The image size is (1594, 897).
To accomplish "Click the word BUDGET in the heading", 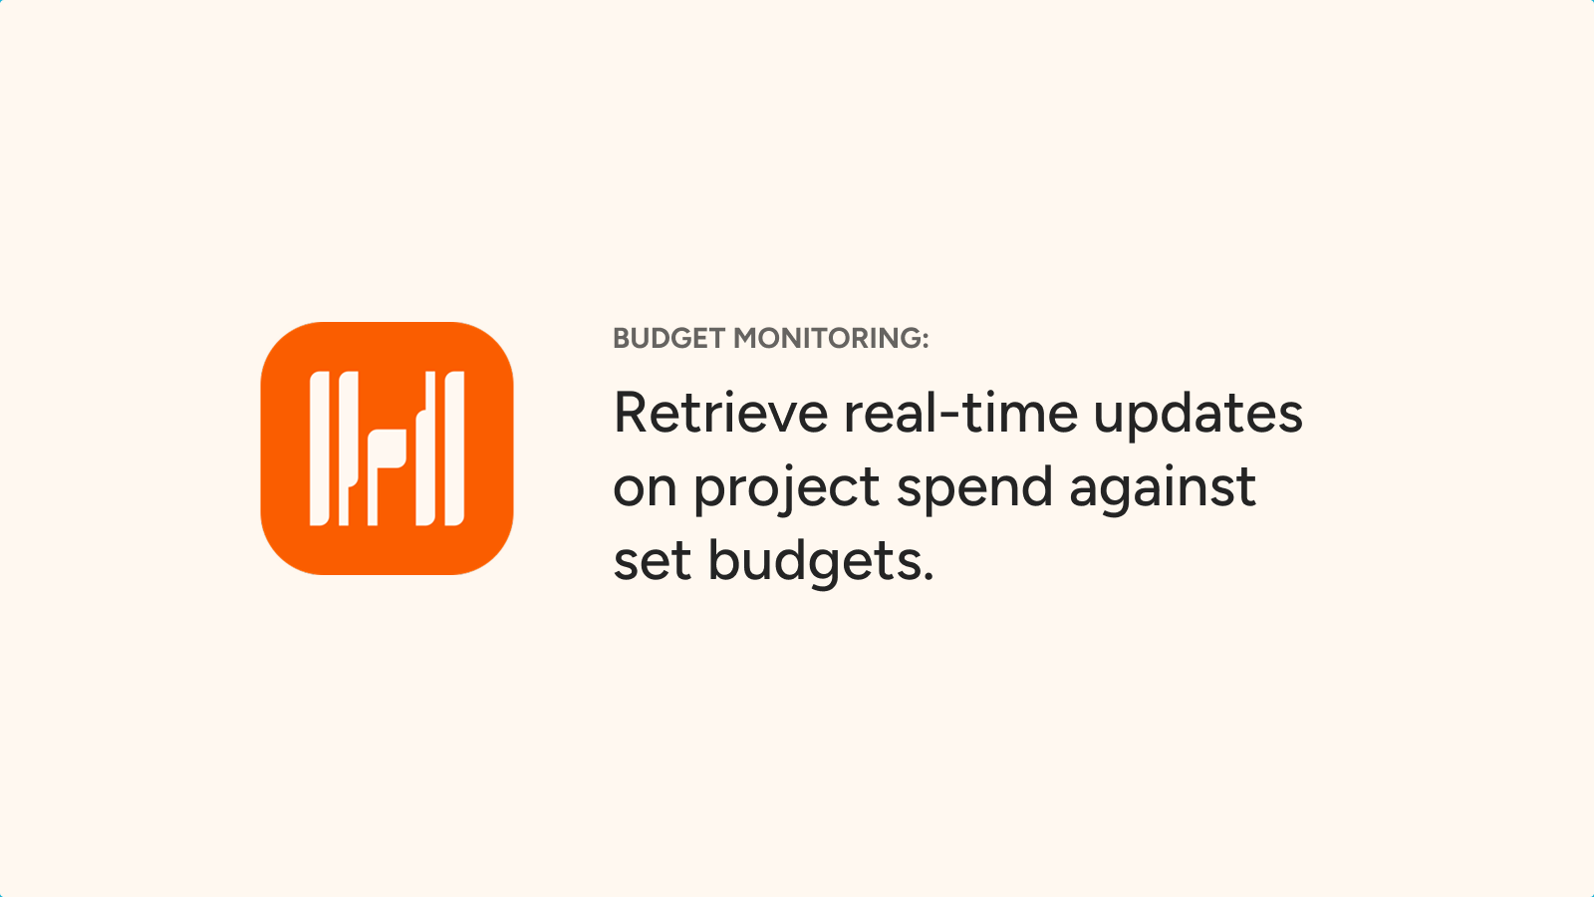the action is [x=668, y=339].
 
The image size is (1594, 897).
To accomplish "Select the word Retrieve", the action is [x=721, y=413].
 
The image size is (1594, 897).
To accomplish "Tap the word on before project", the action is [x=646, y=488].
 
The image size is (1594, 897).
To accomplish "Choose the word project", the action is [x=786, y=491].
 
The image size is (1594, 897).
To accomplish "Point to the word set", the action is [x=652, y=562].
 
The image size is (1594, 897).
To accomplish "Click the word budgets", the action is [x=811, y=564].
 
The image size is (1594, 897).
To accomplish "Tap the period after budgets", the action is [x=928, y=575].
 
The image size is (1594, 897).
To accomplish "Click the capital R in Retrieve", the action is [x=632, y=413].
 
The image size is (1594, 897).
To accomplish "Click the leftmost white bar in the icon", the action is [x=320, y=448].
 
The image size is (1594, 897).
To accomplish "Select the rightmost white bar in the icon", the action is [x=454, y=448].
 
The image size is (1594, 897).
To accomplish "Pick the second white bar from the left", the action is [x=348, y=448].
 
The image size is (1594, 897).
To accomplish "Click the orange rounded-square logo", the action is [x=388, y=448].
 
